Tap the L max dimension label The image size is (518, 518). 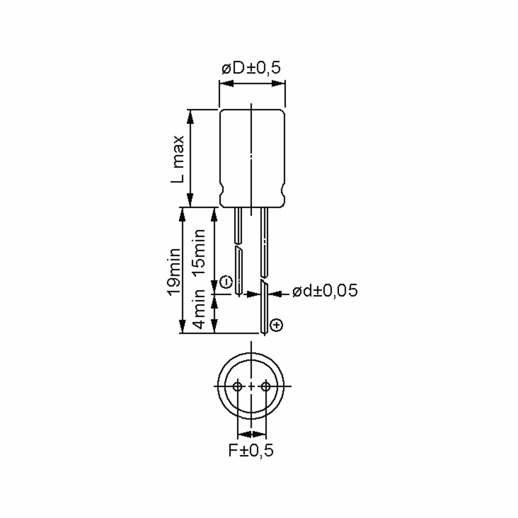point(177,159)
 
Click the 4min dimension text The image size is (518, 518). point(199,309)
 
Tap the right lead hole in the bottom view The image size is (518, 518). point(266,386)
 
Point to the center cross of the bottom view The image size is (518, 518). point(251,386)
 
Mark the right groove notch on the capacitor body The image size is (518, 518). point(283,191)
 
